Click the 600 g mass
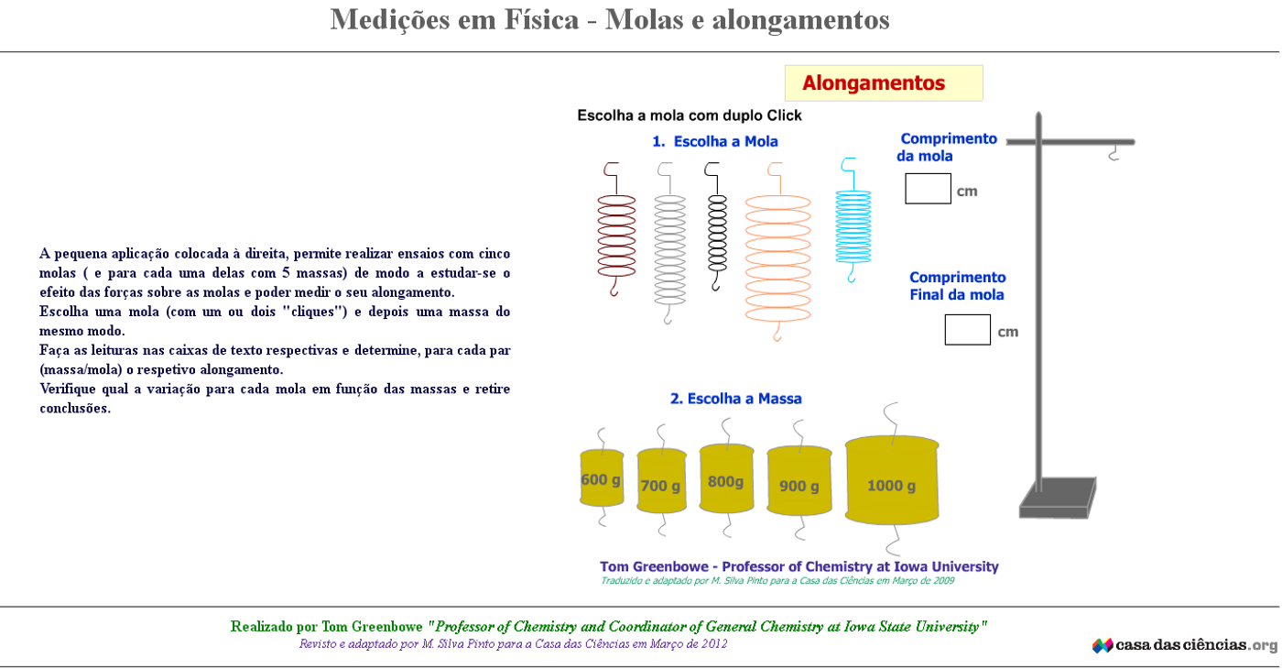click(x=602, y=478)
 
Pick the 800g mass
click(x=726, y=478)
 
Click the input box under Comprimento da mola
click(x=928, y=189)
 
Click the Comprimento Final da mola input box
click(x=967, y=330)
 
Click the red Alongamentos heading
click(x=874, y=83)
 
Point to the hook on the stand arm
click(x=1114, y=154)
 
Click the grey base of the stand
click(x=1057, y=499)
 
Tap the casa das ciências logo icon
click(x=1103, y=645)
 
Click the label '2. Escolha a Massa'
click(x=735, y=399)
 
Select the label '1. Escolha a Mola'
click(x=715, y=141)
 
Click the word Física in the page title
click(x=541, y=20)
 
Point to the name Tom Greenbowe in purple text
click(x=654, y=566)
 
